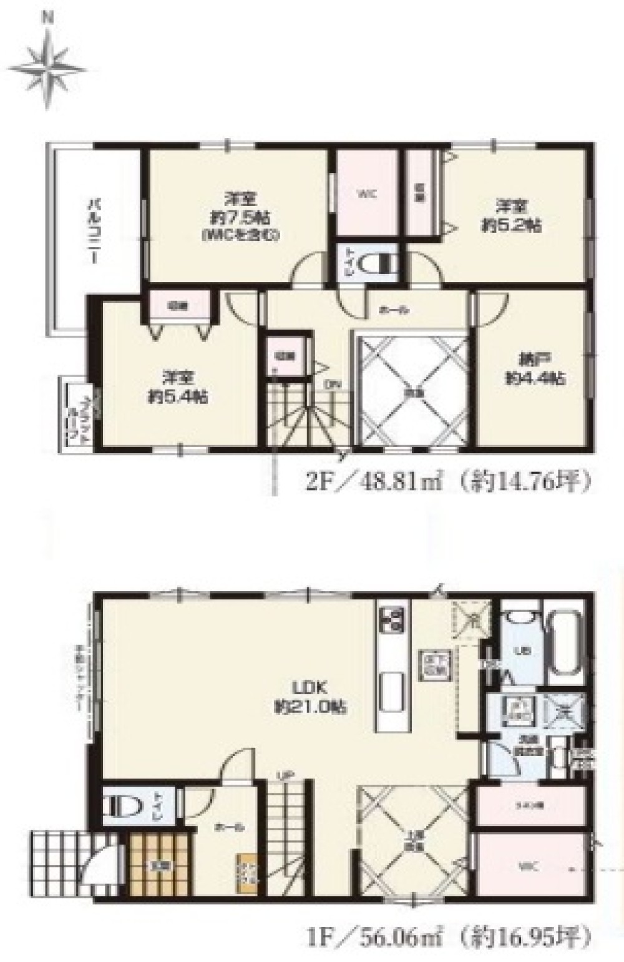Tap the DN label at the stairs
pos(330,385)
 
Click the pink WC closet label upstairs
pos(366,194)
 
